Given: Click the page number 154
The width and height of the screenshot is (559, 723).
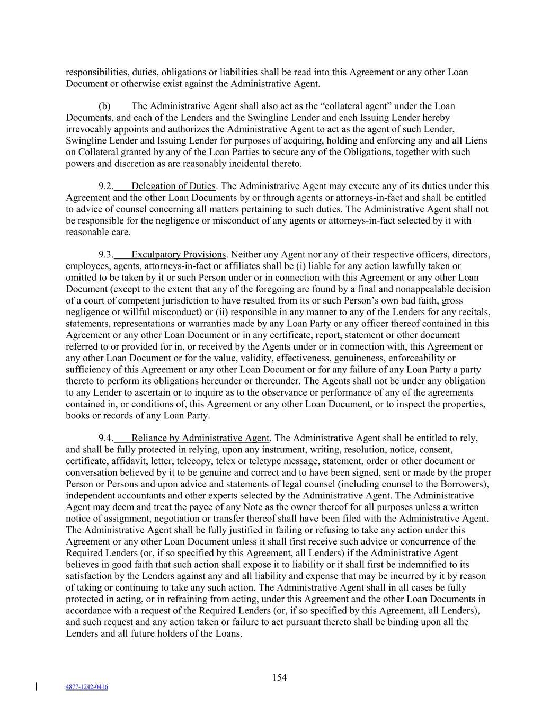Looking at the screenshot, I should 279,677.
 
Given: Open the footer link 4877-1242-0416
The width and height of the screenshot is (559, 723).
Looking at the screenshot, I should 87,687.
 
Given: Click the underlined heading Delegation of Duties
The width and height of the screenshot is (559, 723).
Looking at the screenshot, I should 173,186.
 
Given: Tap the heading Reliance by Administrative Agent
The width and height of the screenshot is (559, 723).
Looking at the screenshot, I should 200,438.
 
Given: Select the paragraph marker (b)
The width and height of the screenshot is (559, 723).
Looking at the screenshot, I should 104,106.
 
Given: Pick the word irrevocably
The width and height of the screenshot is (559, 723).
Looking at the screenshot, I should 87,129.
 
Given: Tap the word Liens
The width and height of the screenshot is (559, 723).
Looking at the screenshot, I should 475,140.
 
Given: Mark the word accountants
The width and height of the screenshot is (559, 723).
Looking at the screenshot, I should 138,496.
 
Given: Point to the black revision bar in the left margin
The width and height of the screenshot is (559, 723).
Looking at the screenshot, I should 36,686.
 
